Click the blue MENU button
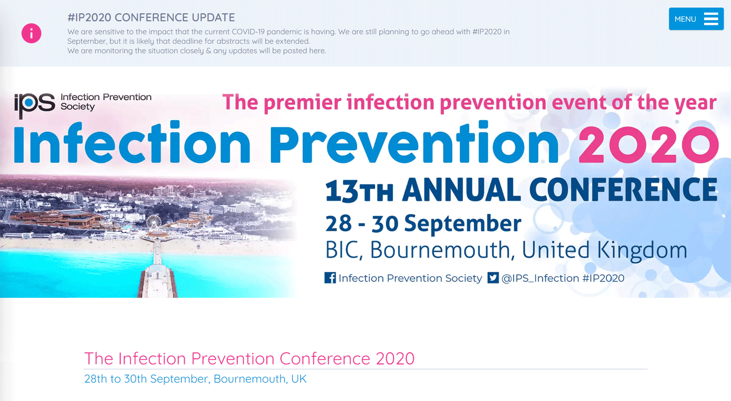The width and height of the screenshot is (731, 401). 696,19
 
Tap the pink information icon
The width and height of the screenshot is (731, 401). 31,33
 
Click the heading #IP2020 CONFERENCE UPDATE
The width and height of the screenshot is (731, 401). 151,17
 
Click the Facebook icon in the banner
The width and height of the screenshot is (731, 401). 330,278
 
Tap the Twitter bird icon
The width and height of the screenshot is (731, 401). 493,278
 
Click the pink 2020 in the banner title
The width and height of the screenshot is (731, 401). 649,145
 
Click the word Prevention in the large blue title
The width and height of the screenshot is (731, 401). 414,142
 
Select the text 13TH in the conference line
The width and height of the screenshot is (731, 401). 359,191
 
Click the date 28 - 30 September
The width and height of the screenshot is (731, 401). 423,223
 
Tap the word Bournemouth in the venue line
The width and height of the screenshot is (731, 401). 440,251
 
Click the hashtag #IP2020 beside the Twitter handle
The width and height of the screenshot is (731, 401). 603,278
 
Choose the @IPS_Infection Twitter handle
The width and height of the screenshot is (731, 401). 540,278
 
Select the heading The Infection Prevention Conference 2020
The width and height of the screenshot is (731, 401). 250,358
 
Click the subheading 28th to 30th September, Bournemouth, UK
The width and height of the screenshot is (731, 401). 195,379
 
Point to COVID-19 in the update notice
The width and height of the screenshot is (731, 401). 249,32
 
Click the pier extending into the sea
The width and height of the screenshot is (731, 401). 157,267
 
